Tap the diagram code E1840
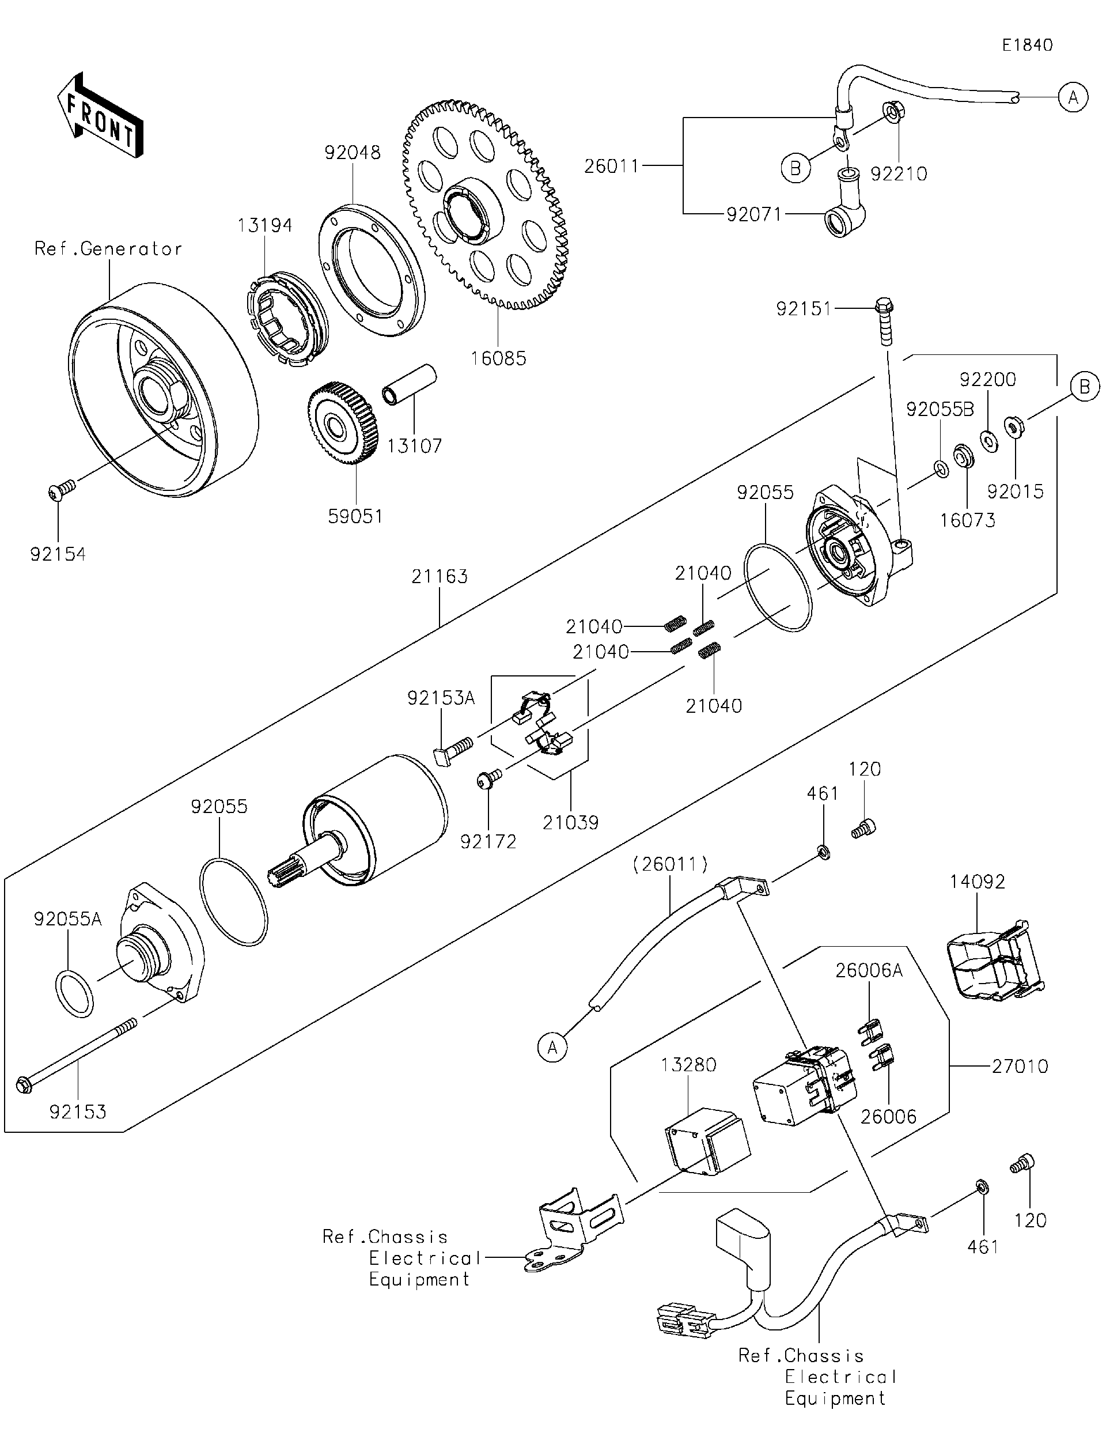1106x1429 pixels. point(1027,45)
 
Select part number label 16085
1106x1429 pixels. point(498,358)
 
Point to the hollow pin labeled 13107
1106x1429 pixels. point(410,385)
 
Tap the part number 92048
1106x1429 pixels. point(353,153)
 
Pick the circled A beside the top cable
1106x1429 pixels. point(1073,97)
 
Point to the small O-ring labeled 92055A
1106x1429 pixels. point(73,995)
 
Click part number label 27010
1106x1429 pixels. point(1020,1066)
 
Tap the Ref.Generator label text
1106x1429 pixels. point(108,249)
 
